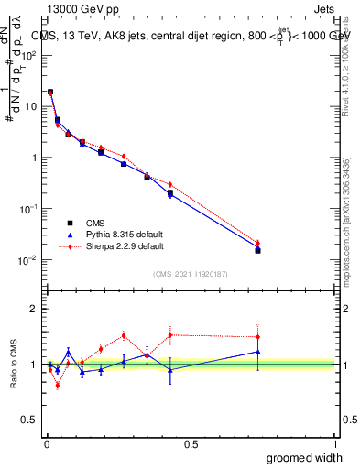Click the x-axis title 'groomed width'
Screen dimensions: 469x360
292,456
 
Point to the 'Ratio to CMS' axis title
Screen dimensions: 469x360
14,365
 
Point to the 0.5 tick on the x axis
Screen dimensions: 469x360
191,443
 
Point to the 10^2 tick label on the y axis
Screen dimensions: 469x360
27,55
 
